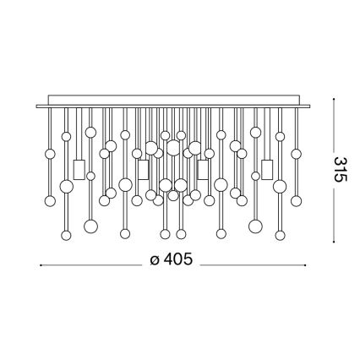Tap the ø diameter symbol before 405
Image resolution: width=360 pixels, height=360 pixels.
click(154, 260)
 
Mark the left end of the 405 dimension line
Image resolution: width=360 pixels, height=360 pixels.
click(41, 261)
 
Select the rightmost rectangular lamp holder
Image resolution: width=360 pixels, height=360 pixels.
click(269, 169)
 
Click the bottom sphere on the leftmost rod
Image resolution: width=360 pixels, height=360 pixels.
click(50, 200)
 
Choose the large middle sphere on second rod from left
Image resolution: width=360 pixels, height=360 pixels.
click(66, 185)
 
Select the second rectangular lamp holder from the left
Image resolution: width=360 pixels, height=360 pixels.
click(141, 169)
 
